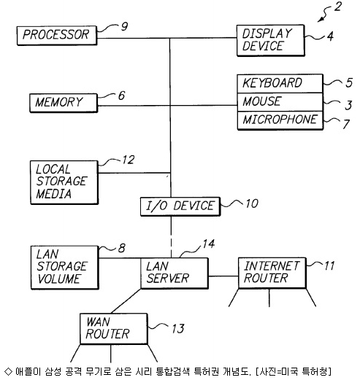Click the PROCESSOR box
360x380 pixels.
[x=57, y=36]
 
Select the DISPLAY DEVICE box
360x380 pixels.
[x=270, y=40]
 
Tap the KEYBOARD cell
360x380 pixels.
[x=280, y=83]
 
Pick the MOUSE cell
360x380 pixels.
[x=280, y=102]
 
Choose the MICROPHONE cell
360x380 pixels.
[x=280, y=120]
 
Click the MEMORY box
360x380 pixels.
[x=64, y=103]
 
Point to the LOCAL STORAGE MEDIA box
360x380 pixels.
[x=64, y=182]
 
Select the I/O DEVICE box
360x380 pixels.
[x=180, y=206]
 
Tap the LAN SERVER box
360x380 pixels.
[x=175, y=274]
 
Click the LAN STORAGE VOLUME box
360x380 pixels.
[x=65, y=268]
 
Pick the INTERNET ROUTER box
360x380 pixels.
[x=272, y=273]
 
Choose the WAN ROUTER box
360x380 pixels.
[x=114, y=329]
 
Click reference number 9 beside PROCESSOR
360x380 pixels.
[x=124, y=26]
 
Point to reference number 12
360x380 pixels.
[x=129, y=160]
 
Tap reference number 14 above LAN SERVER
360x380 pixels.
[x=209, y=244]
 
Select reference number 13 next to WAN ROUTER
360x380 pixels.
[x=178, y=329]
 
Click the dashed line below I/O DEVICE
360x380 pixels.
[x=171, y=237]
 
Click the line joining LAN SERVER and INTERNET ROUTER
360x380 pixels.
[x=223, y=276]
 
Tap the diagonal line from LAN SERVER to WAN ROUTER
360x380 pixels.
[x=126, y=301]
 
